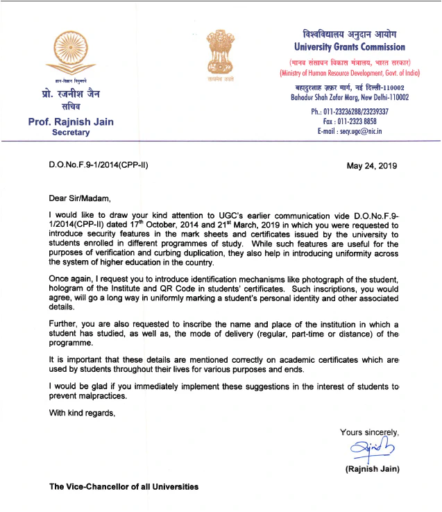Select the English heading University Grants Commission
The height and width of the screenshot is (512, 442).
click(x=349, y=47)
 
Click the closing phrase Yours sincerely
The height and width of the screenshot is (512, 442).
click(x=370, y=432)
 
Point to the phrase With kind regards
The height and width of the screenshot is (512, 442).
click(x=81, y=413)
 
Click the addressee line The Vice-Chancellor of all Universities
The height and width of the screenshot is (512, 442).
click(x=123, y=486)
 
